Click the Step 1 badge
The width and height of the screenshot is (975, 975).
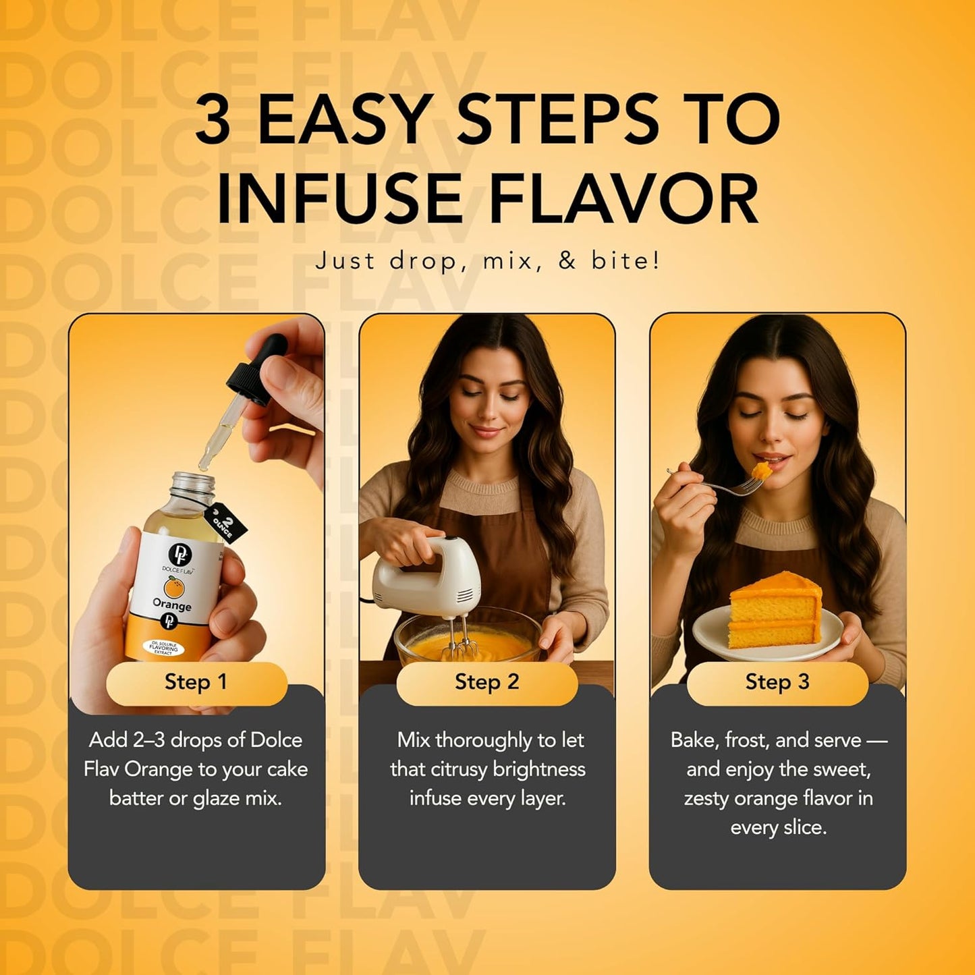(x=196, y=682)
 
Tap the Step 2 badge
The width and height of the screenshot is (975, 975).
(x=486, y=682)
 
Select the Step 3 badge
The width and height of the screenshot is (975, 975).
(x=777, y=682)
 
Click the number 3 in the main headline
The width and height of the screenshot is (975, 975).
(x=213, y=119)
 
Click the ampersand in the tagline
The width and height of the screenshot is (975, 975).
(x=567, y=260)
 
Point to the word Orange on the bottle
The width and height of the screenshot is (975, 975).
(x=172, y=605)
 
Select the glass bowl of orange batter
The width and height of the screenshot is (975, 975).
(x=466, y=641)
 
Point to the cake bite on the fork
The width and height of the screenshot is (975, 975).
(x=762, y=470)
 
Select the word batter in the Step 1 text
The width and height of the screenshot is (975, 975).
(x=136, y=798)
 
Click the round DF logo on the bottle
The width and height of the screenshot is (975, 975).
(x=179, y=555)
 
